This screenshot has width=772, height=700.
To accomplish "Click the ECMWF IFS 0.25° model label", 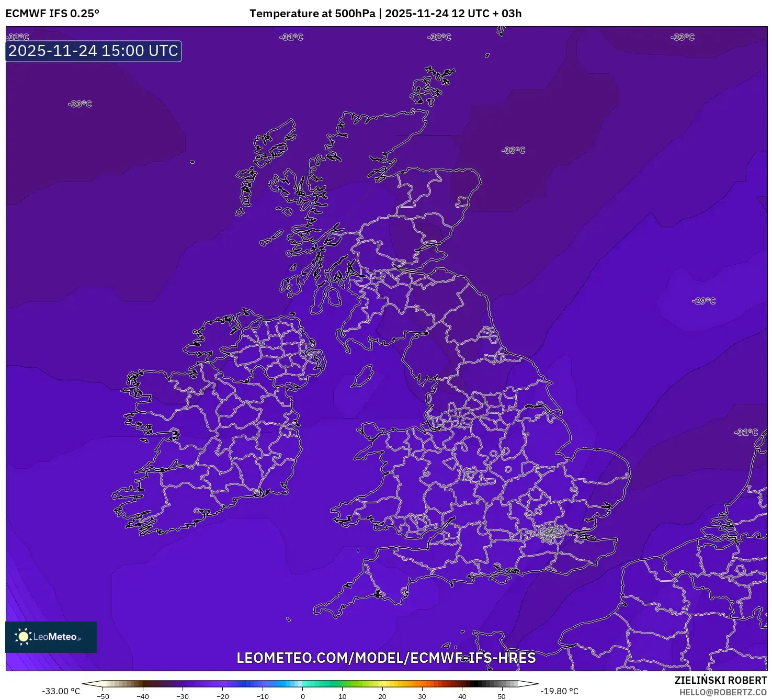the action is point(52,14).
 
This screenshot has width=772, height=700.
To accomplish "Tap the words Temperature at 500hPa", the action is point(312,14).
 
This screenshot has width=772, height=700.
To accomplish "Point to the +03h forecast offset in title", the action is point(511,14).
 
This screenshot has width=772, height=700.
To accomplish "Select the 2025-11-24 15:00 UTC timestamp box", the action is point(94,51).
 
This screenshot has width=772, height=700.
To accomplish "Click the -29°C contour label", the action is point(703,301).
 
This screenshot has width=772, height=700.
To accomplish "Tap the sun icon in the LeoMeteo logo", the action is point(23,637).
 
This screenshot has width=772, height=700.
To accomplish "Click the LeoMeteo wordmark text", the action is point(55,637).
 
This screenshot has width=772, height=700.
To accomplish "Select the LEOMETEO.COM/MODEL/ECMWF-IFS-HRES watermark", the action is point(386,658).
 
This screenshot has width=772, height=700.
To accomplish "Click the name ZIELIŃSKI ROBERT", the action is point(720,680).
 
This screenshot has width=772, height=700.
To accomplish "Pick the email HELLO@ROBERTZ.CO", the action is point(723,692).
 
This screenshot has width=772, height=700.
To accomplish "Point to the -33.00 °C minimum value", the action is point(61,691).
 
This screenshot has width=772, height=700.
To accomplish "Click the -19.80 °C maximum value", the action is point(559,691).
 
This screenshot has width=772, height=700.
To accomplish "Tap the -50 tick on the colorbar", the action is point(103,696).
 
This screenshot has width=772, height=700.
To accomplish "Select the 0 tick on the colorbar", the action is point(302,696).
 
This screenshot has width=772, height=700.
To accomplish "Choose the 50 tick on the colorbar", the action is point(502,696).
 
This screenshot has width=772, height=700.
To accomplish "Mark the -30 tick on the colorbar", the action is point(183,696).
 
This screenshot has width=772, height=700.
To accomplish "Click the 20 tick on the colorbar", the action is point(382,696).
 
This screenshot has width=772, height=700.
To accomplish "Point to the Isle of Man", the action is point(362,376).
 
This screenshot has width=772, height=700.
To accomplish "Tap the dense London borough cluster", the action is point(550,533).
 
